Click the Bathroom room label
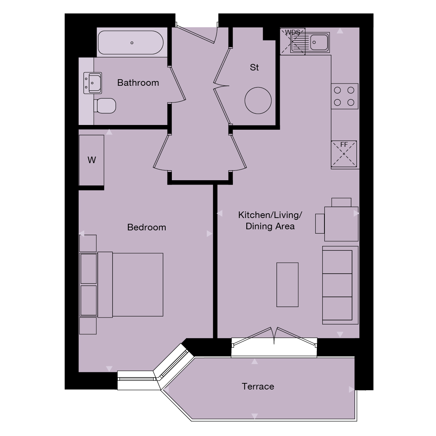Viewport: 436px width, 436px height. pos(138,83)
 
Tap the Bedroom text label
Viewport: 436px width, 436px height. pos(146,227)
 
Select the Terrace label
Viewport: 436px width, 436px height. pos(258,386)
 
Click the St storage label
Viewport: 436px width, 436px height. pos(254,68)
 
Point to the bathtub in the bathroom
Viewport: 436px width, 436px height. pos(132,43)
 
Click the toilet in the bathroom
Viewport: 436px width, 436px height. pos(105,105)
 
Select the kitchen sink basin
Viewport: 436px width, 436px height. pos(319,42)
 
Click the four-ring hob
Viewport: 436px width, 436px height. pos(344,96)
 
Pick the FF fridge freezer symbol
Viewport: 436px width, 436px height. pos(344,154)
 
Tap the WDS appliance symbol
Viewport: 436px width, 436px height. pos(292,41)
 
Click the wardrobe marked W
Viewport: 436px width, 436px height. pos(92,160)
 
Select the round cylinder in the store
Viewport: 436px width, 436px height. pos(258,101)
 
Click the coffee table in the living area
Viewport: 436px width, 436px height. pos(287,285)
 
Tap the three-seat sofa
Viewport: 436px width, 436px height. pos(340,285)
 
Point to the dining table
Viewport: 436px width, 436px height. pos(341,223)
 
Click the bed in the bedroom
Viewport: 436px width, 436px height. pos(131,284)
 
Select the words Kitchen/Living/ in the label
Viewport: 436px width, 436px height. pos(270,215)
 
